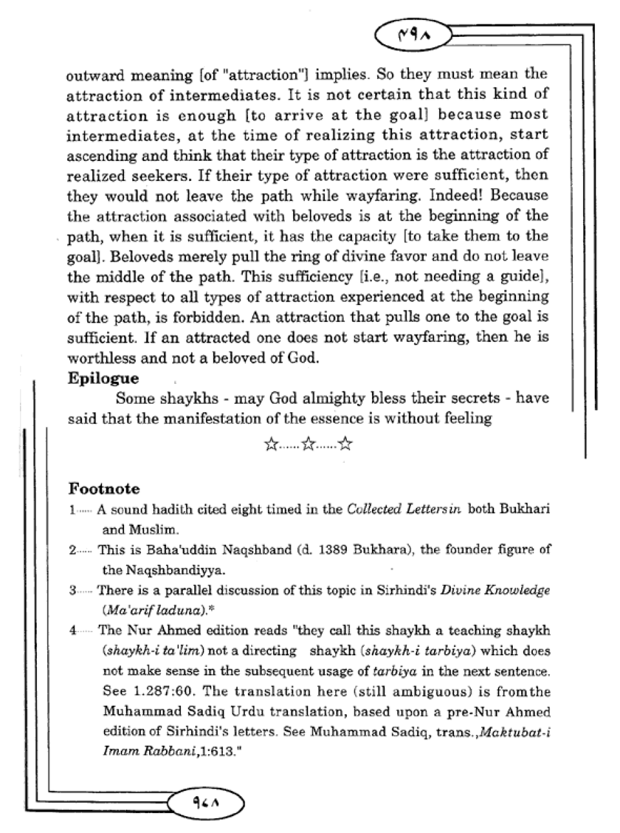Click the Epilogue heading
click(x=103, y=378)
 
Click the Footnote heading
click(x=104, y=489)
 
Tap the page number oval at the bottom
click(x=206, y=804)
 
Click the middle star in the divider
click(x=309, y=445)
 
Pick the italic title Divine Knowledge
click(x=495, y=590)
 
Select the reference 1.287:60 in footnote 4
click(x=157, y=691)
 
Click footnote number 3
click(x=73, y=591)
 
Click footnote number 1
click(x=73, y=510)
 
